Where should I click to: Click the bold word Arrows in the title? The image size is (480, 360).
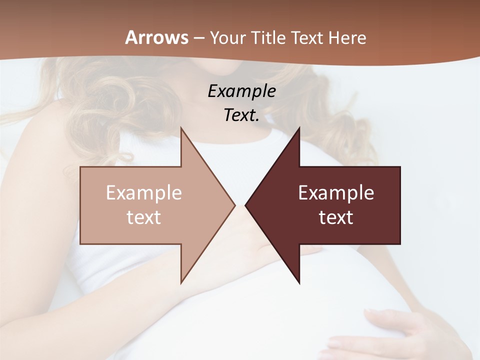[x=156, y=37]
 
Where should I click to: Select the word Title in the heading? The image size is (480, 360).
[x=269, y=38]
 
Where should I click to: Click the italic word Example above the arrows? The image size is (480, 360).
[x=241, y=91]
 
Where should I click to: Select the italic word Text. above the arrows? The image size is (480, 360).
[x=241, y=115]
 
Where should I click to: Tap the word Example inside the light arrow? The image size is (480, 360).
[x=143, y=193]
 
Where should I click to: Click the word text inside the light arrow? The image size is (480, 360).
[x=143, y=217]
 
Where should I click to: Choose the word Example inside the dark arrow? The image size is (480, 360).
[x=336, y=193]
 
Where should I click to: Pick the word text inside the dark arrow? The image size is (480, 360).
[x=336, y=217]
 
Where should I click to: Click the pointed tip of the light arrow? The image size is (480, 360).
[x=234, y=205]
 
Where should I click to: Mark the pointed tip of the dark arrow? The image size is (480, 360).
[x=245, y=205]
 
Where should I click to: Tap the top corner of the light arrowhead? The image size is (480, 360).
[x=181, y=128]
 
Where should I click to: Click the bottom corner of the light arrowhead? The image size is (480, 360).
[x=181, y=283]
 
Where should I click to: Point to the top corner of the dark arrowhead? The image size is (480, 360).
[x=299, y=128]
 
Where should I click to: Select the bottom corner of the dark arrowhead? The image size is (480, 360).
[x=299, y=283]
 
